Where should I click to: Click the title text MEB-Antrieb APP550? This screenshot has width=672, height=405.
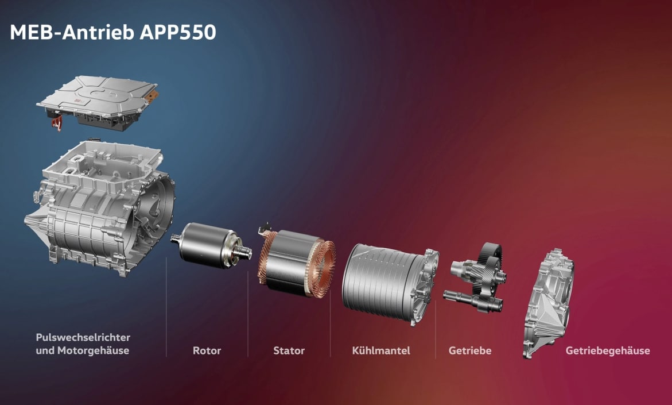coord(112,32)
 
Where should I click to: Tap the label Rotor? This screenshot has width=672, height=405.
coord(207,350)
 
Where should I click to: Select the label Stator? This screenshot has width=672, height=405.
coord(289,350)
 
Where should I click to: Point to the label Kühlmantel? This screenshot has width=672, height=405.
coord(381,350)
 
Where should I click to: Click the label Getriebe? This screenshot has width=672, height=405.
coord(470,350)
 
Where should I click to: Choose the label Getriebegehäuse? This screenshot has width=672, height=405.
coord(608,350)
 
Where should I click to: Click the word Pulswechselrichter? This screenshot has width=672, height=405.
coord(83,337)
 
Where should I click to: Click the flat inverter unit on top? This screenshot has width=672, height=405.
coord(98,101)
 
